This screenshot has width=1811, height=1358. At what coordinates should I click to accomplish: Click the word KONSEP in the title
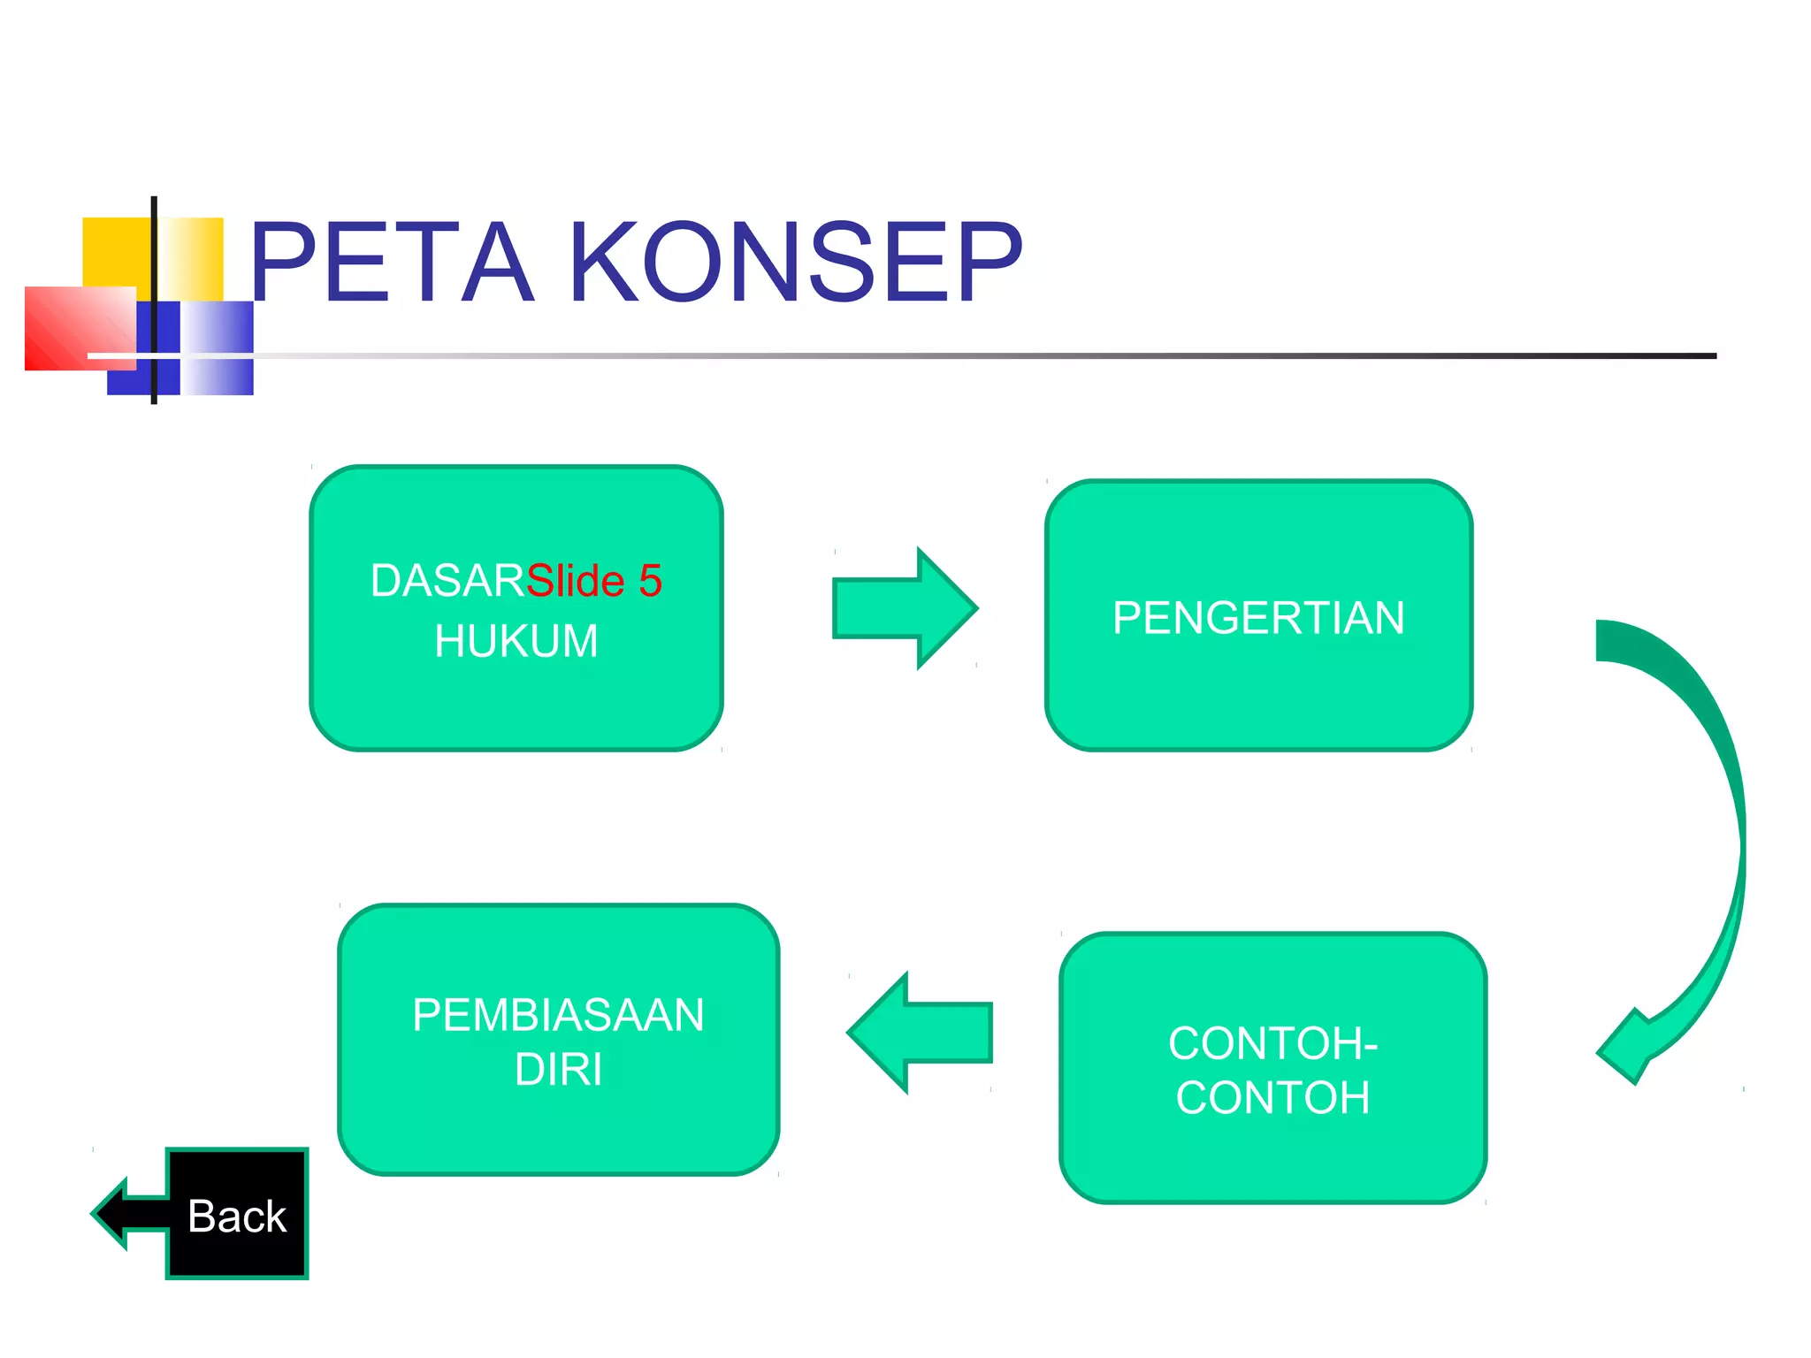pos(796,263)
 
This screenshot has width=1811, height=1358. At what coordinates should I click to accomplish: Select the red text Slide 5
pos(594,581)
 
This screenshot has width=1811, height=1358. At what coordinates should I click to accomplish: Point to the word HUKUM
pos(516,641)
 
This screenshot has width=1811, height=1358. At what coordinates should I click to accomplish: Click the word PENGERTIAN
pos(1258,617)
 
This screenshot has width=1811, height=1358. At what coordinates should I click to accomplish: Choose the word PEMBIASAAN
pos(558,1015)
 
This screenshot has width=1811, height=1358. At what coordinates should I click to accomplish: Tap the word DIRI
pos(558,1070)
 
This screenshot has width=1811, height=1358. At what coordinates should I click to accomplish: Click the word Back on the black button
pos(237,1217)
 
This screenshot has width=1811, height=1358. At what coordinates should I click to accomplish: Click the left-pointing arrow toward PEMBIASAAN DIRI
pos(920,1033)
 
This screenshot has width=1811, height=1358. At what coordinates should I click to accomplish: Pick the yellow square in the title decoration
pos(115,251)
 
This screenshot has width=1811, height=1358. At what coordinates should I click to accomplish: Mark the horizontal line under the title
pos(973,355)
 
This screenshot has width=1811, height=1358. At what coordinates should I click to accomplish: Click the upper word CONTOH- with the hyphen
pos(1272,1043)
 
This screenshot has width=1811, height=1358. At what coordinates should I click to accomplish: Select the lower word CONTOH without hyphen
pos(1272,1098)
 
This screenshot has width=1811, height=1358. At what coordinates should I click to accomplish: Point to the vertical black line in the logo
pos(154,265)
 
